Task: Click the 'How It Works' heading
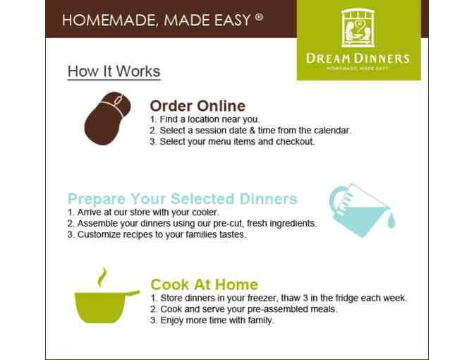click(x=114, y=71)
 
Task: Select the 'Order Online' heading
click(x=197, y=106)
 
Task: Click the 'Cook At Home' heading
click(x=204, y=284)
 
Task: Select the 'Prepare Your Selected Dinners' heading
click(x=182, y=198)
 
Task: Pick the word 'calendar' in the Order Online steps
click(x=332, y=131)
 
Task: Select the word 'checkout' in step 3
click(x=296, y=141)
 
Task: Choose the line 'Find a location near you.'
click(x=205, y=120)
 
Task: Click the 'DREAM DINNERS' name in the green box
click(x=358, y=59)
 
